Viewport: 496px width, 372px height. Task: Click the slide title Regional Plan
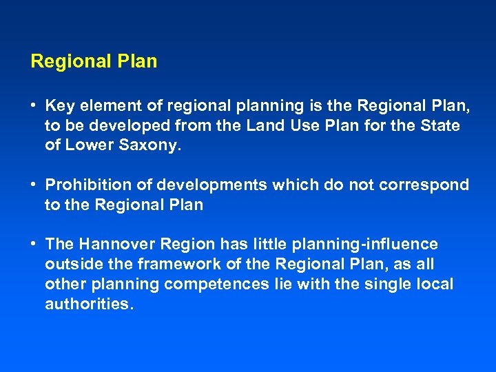[x=94, y=61]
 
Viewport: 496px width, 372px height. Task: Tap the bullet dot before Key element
[x=34, y=106]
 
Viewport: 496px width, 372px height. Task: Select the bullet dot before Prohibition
[x=34, y=185]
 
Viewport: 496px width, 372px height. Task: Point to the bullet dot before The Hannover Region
[x=34, y=245]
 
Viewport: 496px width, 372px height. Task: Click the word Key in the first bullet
[x=59, y=106]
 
